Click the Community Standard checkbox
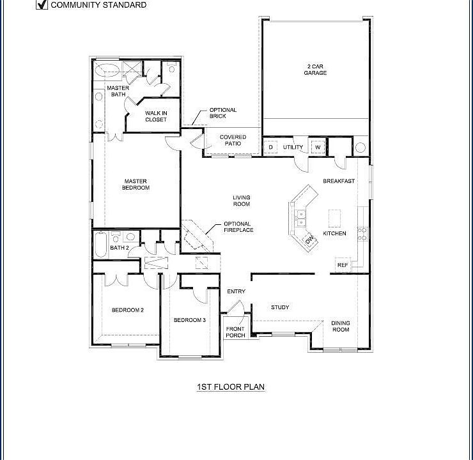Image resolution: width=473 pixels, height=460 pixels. (x=42, y=4)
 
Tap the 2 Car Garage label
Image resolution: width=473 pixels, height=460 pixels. (x=315, y=70)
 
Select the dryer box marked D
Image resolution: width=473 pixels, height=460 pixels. (x=270, y=147)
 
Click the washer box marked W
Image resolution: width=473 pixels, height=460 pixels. (x=318, y=147)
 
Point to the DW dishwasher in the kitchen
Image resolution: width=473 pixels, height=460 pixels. (x=310, y=240)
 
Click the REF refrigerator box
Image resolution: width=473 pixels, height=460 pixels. (x=343, y=265)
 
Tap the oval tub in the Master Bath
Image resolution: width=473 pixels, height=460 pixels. (x=107, y=70)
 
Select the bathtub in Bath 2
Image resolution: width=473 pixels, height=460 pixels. (x=101, y=244)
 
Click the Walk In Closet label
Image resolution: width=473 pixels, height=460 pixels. (x=156, y=116)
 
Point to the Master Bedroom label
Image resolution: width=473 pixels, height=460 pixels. (x=136, y=185)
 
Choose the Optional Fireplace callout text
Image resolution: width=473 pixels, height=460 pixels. (x=238, y=227)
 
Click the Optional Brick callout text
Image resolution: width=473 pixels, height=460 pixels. (x=223, y=113)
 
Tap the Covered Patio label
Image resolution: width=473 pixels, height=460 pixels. (x=233, y=140)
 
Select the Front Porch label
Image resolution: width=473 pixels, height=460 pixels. (x=235, y=332)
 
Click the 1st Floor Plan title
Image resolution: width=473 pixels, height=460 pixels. (x=231, y=387)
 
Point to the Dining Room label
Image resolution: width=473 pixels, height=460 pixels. (x=341, y=326)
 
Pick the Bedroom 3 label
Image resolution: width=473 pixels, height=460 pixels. (x=190, y=320)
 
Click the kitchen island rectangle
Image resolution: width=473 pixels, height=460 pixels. (x=334, y=218)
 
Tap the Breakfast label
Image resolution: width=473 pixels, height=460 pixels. (x=339, y=181)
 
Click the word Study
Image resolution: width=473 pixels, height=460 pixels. (x=280, y=307)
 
